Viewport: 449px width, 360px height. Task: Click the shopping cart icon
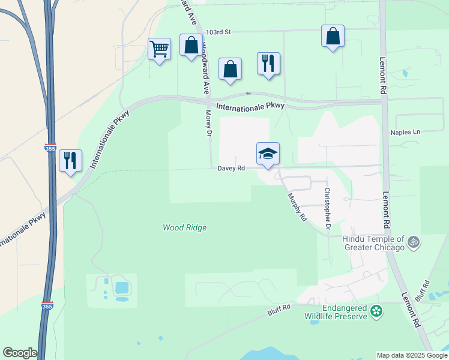pos(159,49)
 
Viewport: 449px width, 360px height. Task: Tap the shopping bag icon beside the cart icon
pos(191,45)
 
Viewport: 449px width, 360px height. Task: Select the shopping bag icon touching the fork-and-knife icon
pos(230,69)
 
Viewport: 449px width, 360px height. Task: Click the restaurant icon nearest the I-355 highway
pos(70,160)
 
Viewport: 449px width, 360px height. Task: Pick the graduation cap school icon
pos(268,154)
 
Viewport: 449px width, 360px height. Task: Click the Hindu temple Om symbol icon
pos(412,242)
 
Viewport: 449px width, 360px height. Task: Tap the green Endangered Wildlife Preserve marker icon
pos(376,311)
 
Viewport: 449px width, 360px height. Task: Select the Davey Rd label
pos(231,169)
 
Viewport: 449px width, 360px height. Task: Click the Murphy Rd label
pos(297,207)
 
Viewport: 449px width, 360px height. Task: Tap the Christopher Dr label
pos(327,209)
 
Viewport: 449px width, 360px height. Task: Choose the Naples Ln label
pos(405,132)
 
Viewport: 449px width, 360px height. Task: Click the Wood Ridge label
pos(184,227)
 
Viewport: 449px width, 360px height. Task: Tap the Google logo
pos(20,353)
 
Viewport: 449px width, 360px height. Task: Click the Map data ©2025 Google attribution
pos(411,355)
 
